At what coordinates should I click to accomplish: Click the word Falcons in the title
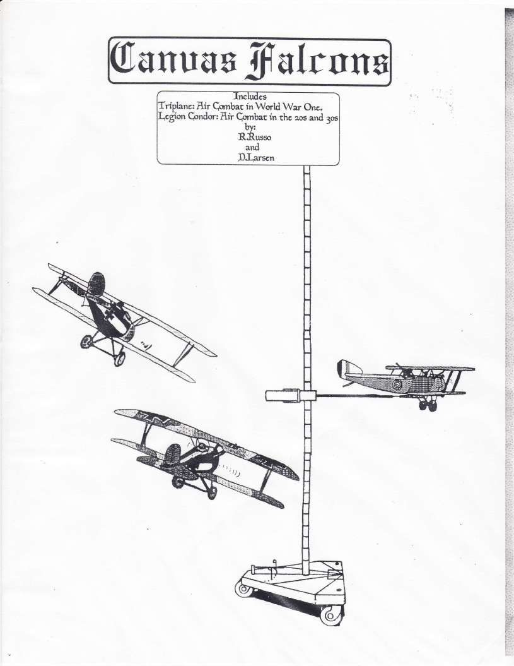click(x=317, y=62)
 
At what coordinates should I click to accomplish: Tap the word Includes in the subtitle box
click(x=250, y=97)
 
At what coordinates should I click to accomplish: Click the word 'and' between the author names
click(x=252, y=147)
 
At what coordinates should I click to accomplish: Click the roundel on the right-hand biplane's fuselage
click(x=397, y=385)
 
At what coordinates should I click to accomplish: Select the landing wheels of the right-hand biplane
click(x=428, y=405)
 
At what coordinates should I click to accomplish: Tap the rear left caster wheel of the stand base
click(x=245, y=588)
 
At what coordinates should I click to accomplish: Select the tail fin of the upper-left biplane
click(x=96, y=283)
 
